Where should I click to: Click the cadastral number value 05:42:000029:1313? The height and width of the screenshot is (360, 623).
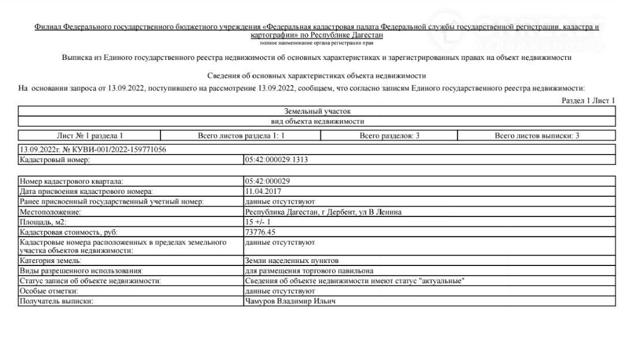[x=276, y=160]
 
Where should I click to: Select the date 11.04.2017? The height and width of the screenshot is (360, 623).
[x=264, y=192]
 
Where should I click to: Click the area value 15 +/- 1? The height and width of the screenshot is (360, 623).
[x=258, y=222]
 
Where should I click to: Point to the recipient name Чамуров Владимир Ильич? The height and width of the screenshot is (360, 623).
[x=290, y=302]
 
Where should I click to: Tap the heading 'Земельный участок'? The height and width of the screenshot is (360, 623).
[x=317, y=111]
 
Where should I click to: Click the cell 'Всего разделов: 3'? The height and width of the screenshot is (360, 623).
[x=389, y=136]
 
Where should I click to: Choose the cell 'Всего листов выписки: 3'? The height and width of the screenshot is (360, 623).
[x=536, y=136]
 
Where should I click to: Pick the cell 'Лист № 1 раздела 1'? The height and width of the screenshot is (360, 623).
[x=89, y=136]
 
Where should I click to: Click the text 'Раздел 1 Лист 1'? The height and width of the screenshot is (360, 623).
[x=588, y=101]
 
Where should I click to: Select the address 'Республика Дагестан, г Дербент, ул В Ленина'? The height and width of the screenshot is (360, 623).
[x=323, y=212]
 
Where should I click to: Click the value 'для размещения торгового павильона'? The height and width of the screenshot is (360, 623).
[x=309, y=271]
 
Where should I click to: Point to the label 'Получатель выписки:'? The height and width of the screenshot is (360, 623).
[x=56, y=302]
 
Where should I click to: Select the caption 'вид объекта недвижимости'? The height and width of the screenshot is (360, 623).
[x=317, y=122]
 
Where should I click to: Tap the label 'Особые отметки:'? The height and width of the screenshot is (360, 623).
[x=48, y=291]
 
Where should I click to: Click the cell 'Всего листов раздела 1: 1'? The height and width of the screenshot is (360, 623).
[x=241, y=136]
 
